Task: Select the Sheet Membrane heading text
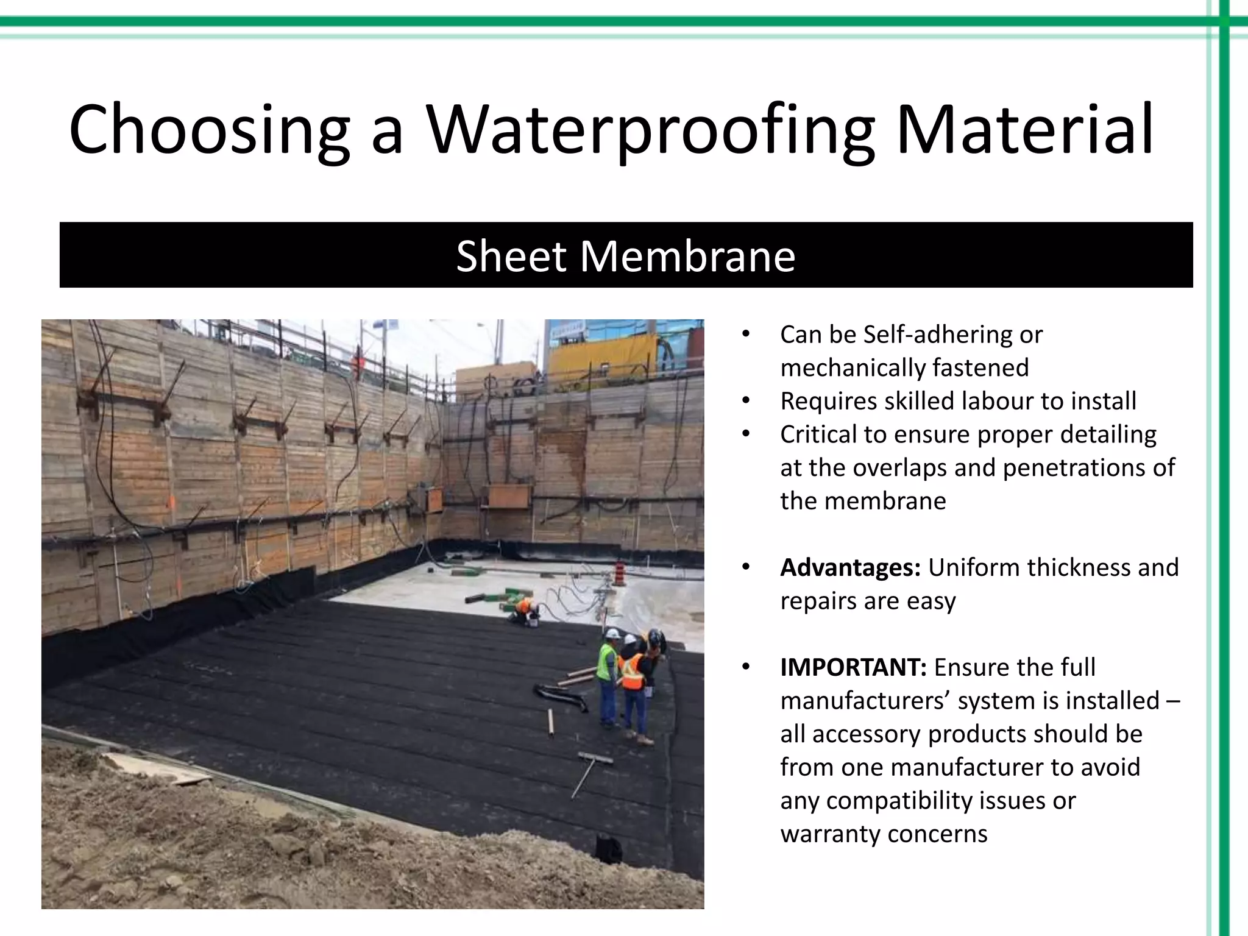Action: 625,256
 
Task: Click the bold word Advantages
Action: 850,567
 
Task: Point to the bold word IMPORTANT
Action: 853,667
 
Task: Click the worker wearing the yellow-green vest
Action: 608,676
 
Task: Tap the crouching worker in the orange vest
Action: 522,611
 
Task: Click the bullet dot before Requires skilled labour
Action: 745,401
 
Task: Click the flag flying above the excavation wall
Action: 388,327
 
